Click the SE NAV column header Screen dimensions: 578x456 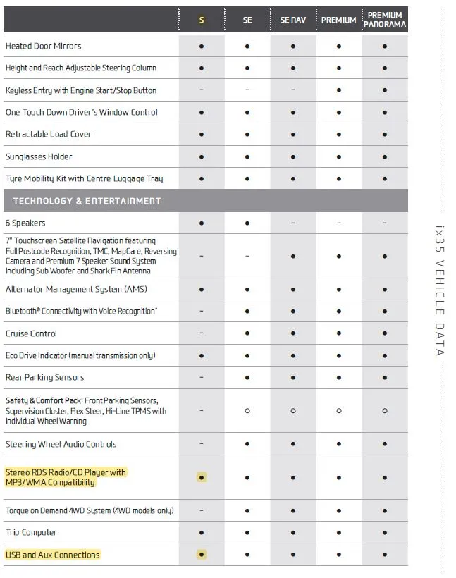pos(293,20)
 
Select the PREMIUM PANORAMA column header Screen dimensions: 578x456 pos(385,20)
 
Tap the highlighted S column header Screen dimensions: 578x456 pos(202,20)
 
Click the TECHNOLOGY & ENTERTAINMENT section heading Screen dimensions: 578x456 pos(87,201)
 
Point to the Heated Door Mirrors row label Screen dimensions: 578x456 pos(44,46)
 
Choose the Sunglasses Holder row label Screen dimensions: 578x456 pos(39,156)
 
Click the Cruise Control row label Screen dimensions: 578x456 pos(32,333)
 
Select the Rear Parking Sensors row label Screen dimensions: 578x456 pos(45,378)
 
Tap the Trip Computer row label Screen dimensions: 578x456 pos(32,533)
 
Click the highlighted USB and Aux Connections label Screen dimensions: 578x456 pos(53,555)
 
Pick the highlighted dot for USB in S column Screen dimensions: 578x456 pos(202,555)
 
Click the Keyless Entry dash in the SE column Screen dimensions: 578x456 pos(247,90)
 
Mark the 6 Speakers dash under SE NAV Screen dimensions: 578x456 pos(293,223)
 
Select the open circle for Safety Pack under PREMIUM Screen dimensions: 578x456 pos(339,410)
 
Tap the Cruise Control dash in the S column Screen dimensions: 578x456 pos(202,333)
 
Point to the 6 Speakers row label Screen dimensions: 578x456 pos(25,223)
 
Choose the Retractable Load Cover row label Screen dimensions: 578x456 pos(49,134)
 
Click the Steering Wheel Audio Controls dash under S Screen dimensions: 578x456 pos(202,444)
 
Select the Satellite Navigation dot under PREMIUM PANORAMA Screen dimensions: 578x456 pos(385,257)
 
